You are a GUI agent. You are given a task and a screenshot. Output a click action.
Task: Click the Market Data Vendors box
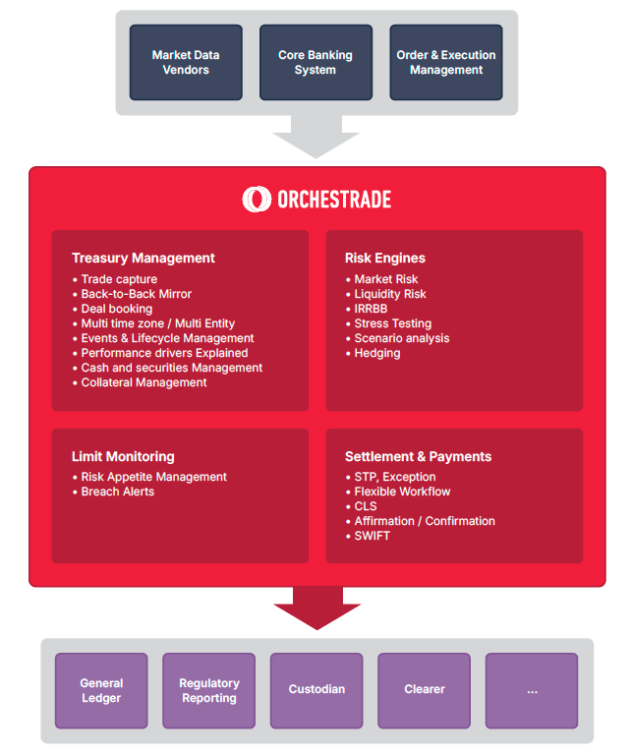tap(186, 63)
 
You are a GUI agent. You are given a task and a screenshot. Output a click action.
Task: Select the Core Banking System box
tap(315, 63)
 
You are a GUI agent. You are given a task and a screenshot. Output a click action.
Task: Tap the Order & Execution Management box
tap(445, 63)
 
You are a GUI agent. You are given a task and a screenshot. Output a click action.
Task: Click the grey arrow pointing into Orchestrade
tap(316, 136)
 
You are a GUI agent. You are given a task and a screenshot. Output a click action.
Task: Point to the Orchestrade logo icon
tap(257, 199)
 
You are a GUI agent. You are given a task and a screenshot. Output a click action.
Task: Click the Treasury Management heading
tap(144, 259)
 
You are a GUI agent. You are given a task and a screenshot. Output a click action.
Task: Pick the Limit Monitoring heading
tap(123, 457)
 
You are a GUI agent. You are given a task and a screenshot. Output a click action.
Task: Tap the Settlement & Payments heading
tap(418, 457)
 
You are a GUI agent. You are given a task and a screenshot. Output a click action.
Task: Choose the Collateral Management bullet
tap(144, 382)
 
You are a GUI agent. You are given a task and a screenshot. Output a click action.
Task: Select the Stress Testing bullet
tap(392, 323)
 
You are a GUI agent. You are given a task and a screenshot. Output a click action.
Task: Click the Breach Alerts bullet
tap(117, 492)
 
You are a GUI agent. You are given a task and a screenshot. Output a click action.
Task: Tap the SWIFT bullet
tap(372, 536)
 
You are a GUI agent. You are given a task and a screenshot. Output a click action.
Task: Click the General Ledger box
tap(101, 690)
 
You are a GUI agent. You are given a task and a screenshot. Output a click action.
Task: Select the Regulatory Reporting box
tap(208, 690)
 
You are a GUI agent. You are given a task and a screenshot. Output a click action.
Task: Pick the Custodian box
tap(316, 690)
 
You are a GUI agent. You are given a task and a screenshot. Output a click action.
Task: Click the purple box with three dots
tap(532, 690)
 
